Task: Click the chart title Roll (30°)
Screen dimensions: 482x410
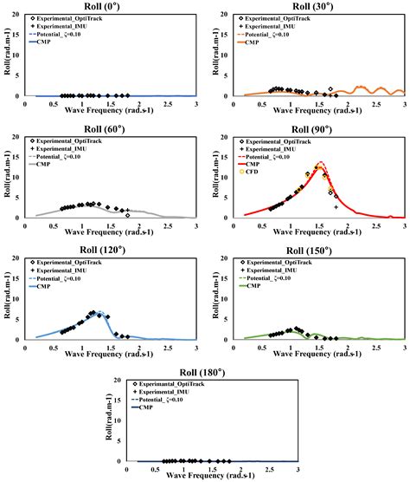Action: point(306,6)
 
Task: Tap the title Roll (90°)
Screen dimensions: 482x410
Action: point(306,128)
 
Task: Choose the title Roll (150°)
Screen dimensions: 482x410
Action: point(306,250)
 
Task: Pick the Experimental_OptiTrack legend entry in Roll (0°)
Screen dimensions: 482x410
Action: point(76,18)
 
